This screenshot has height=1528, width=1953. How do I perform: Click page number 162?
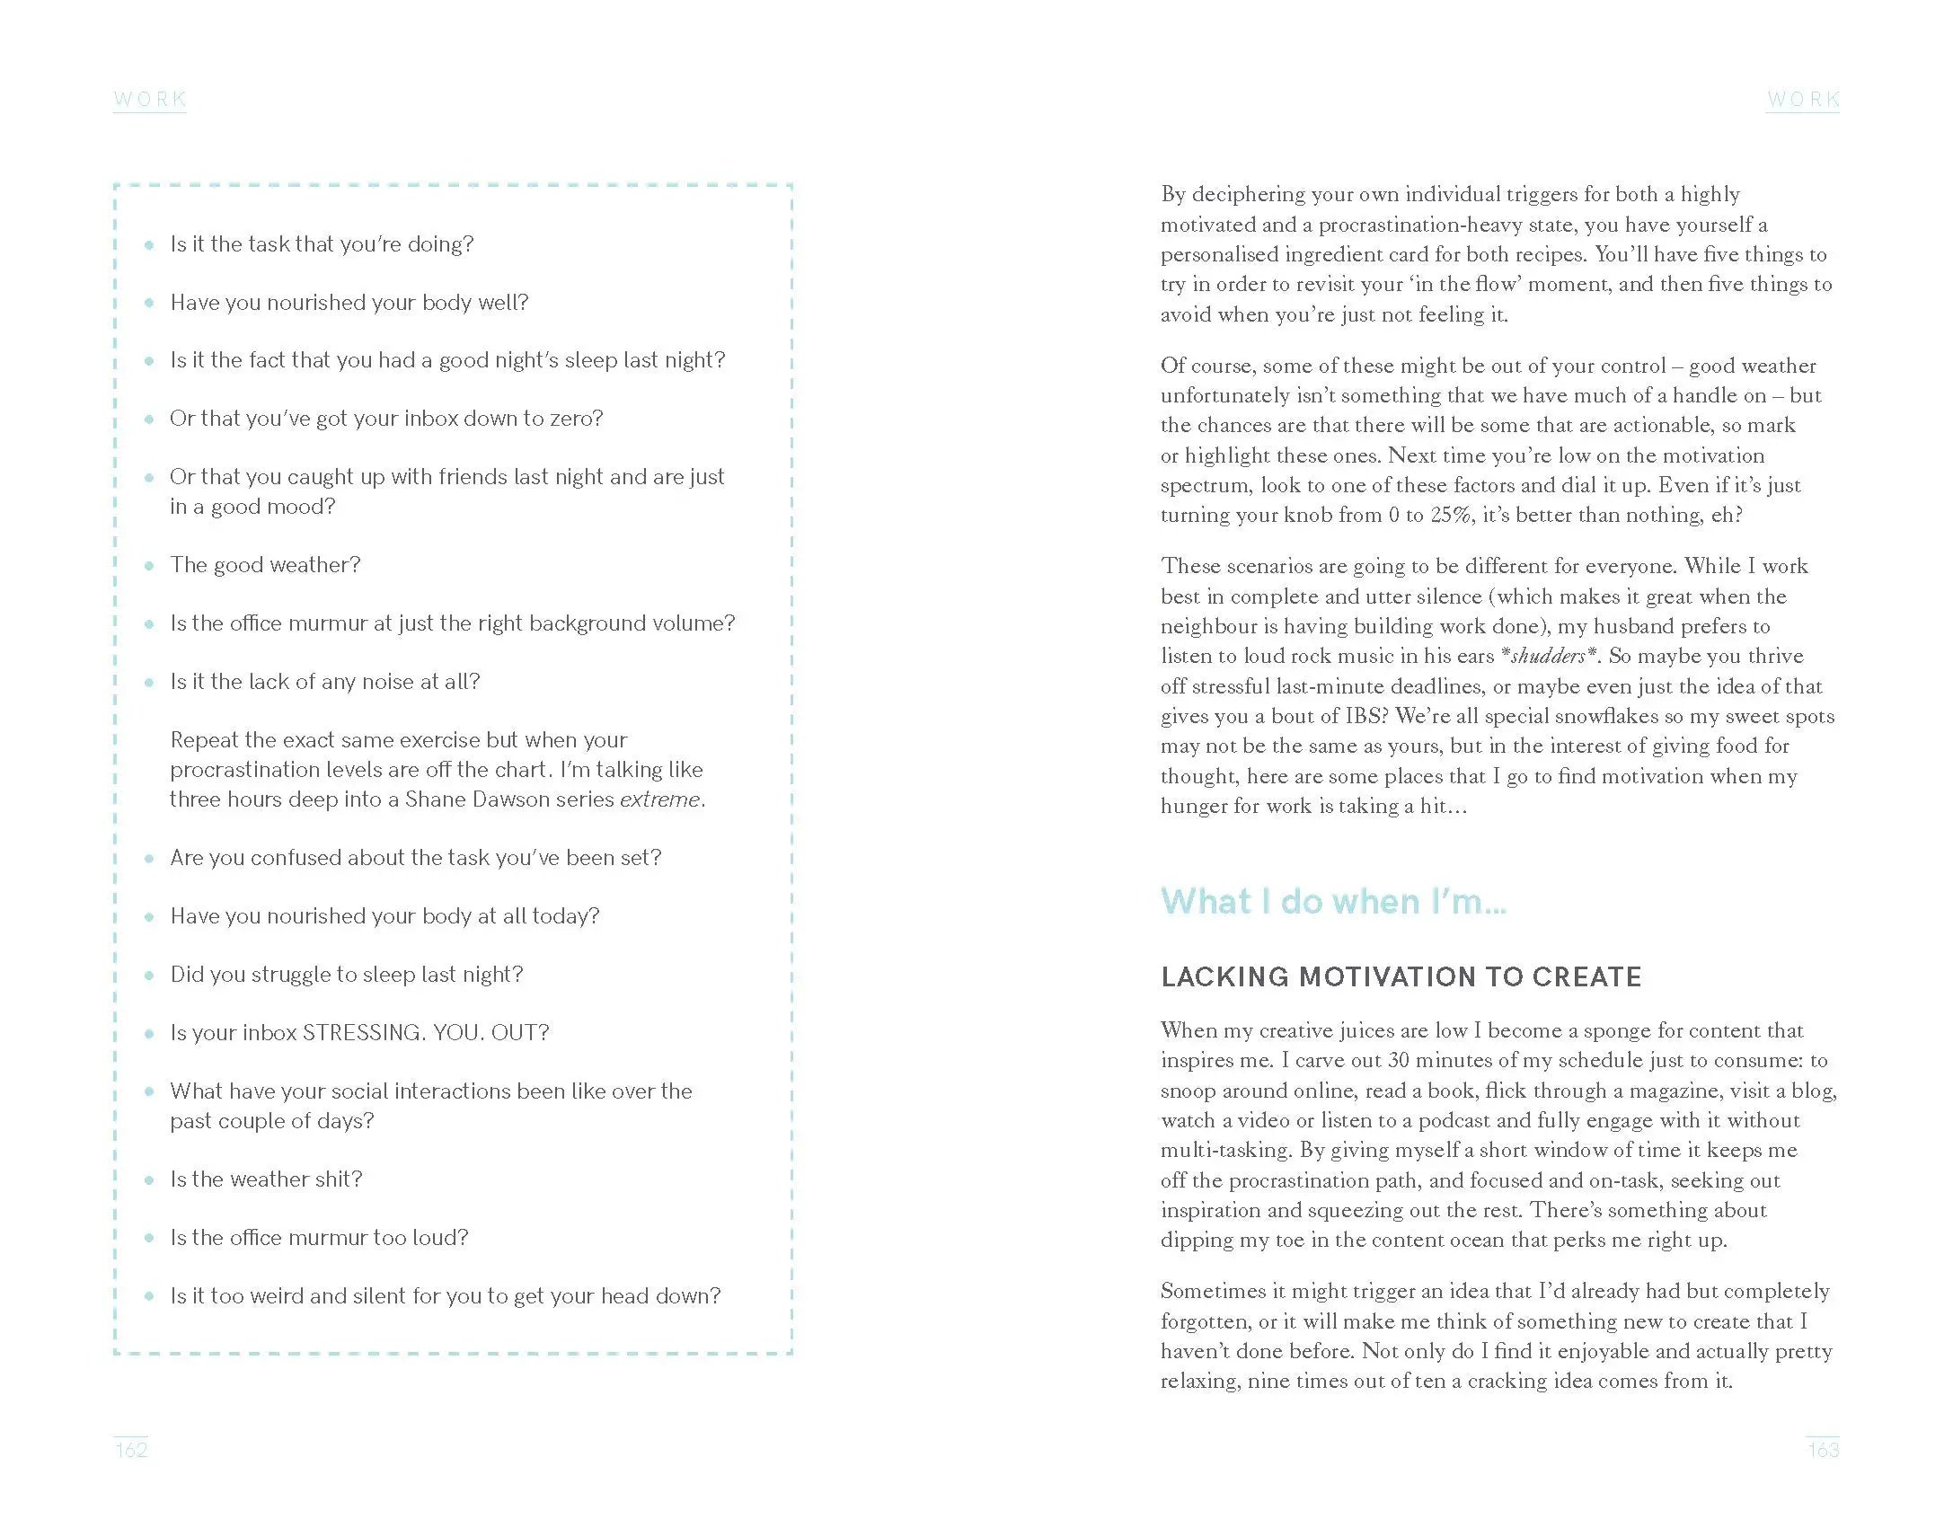131,1450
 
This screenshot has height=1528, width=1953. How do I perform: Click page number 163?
1823,1450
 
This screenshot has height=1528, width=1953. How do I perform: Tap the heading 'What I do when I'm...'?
1333,901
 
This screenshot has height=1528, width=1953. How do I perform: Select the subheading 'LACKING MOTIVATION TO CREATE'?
1401,977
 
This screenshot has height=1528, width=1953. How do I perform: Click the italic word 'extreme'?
659,799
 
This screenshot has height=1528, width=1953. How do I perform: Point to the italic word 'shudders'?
1549,657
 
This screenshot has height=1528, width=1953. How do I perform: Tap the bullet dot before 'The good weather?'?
149,566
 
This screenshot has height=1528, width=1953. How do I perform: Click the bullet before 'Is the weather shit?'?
149,1179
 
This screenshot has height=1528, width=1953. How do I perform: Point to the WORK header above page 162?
150,99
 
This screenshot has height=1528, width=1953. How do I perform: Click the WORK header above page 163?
1803,99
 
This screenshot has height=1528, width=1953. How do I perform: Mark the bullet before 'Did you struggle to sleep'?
149,976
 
